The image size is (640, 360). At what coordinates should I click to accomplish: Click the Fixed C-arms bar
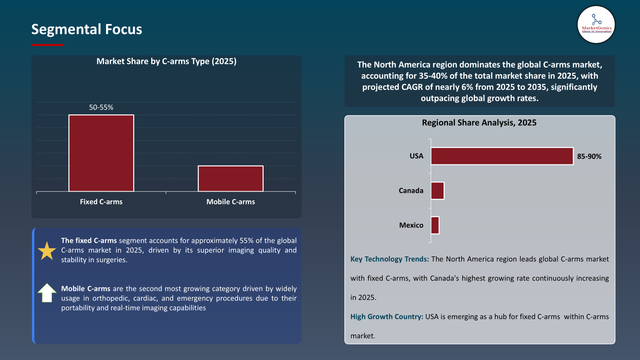pyautogui.click(x=101, y=153)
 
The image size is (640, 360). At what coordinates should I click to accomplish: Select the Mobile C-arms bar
pyautogui.click(x=230, y=178)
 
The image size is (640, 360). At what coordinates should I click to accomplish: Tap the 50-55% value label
pyautogui.click(x=101, y=107)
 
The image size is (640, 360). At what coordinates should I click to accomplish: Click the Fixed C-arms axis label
pyautogui.click(x=101, y=202)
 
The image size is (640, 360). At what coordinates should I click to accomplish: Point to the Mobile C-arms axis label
pyautogui.click(x=230, y=202)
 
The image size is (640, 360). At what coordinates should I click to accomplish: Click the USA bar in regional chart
pyautogui.click(x=502, y=156)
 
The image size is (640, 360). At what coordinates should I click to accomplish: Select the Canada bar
pyautogui.click(x=438, y=191)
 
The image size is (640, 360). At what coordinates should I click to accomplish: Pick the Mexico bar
pyautogui.click(x=435, y=225)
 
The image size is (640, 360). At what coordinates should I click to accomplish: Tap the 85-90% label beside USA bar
pyautogui.click(x=589, y=156)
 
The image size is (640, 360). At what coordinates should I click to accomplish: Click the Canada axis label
pyautogui.click(x=411, y=191)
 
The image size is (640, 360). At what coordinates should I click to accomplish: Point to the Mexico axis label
pyautogui.click(x=411, y=225)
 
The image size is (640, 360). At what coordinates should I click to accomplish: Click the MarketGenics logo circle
pyautogui.click(x=596, y=25)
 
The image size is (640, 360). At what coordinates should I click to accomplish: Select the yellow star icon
pyautogui.click(x=47, y=251)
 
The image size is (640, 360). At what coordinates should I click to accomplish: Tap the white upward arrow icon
pyautogui.click(x=47, y=293)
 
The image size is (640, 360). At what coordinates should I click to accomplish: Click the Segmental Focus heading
pyautogui.click(x=87, y=29)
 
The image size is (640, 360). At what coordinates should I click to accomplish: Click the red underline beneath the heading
pyautogui.click(x=48, y=45)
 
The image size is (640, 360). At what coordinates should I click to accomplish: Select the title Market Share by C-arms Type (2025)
pyautogui.click(x=166, y=61)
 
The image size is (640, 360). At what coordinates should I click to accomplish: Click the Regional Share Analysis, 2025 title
pyautogui.click(x=479, y=123)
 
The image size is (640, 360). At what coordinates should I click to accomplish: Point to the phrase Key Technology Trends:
pyautogui.click(x=390, y=259)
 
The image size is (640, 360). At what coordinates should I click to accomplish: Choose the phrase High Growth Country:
pyautogui.click(x=386, y=317)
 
